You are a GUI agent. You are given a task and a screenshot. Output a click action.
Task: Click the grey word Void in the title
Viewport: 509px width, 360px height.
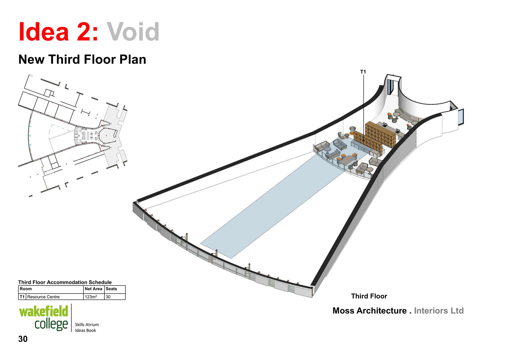[133, 32]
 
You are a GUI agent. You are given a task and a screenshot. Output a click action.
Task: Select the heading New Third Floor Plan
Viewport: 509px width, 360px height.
[82, 59]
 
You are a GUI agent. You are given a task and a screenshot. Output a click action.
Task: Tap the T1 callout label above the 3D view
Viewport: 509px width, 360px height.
[363, 72]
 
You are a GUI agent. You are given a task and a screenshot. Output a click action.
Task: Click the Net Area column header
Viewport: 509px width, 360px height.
[93, 289]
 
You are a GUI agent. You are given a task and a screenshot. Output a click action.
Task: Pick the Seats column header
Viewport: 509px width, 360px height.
[111, 289]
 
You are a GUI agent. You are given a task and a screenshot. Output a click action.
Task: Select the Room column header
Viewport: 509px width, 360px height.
[26, 289]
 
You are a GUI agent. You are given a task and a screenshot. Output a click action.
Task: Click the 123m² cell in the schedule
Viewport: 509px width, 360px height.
[91, 297]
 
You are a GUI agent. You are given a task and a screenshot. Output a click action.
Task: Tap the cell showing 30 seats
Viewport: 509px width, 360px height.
[108, 297]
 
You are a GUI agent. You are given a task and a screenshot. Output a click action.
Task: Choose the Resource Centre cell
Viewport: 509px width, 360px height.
[43, 297]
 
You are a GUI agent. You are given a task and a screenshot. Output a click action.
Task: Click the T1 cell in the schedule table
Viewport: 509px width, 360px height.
[22, 297]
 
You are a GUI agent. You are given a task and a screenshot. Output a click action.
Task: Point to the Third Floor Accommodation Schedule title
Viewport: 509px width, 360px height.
[65, 282]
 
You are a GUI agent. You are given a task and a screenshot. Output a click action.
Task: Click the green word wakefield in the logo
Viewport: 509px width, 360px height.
[43, 312]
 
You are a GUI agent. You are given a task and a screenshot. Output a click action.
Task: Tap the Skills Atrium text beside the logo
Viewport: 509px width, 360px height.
[87, 324]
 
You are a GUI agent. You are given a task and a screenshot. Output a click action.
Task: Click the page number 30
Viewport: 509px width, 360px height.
[23, 339]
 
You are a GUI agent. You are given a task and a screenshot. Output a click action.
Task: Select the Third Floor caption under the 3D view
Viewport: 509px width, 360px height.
[369, 296]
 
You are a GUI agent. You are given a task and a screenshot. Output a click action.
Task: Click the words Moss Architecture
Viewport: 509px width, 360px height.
[370, 311]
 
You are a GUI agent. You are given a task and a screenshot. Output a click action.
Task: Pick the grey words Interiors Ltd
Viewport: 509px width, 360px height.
[439, 311]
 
